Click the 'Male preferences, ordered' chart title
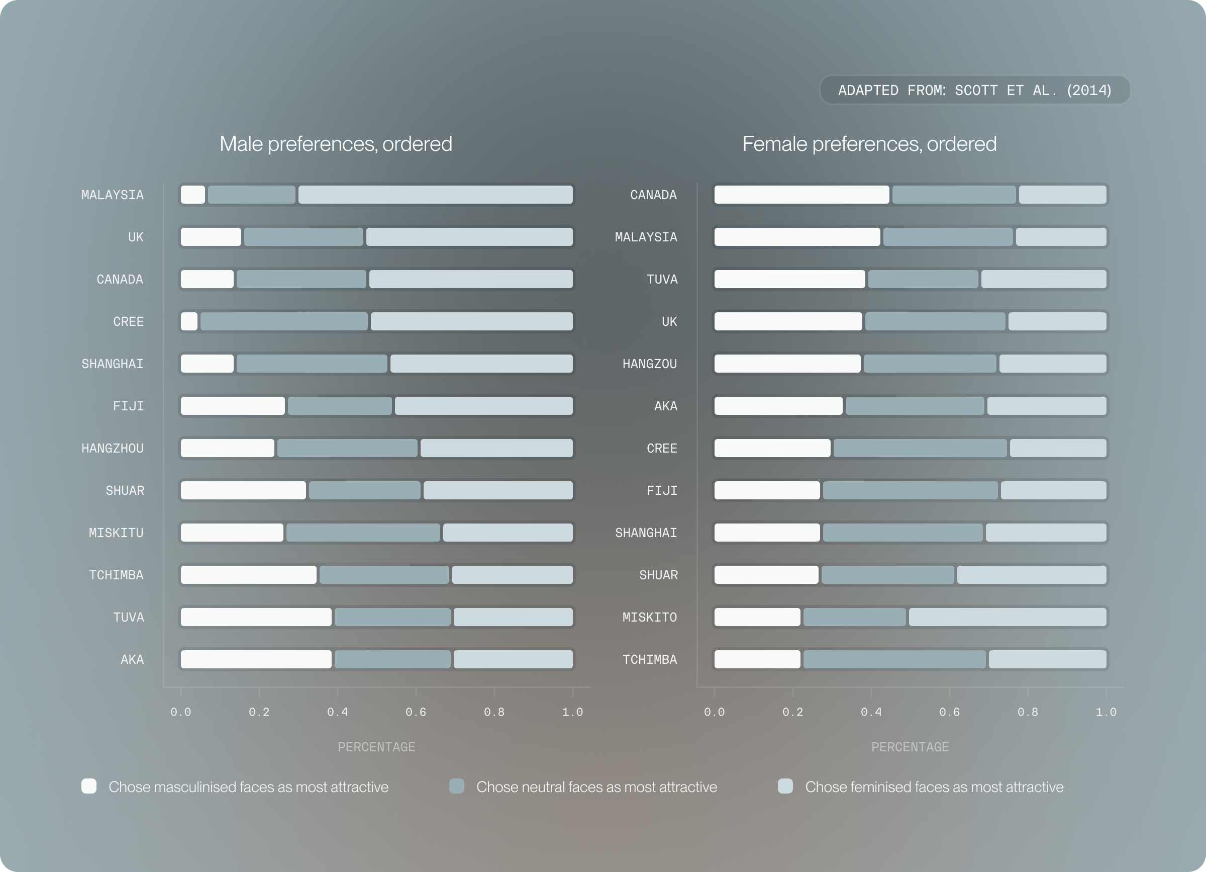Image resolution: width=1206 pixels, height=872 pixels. pyautogui.click(x=336, y=144)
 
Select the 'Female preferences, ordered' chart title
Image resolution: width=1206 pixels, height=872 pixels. pyautogui.click(x=869, y=144)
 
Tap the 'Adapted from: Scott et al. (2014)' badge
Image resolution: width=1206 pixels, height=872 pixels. pyautogui.click(x=974, y=91)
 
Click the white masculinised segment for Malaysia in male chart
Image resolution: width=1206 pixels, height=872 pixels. pyautogui.click(x=192, y=195)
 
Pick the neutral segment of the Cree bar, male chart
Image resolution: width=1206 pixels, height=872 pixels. pyautogui.click(x=284, y=321)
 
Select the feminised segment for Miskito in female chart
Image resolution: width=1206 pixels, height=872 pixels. pyautogui.click(x=1007, y=617)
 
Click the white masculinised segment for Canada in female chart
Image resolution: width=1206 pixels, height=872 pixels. pyautogui.click(x=801, y=195)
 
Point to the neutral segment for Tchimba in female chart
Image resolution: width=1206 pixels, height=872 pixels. pyautogui.click(x=894, y=660)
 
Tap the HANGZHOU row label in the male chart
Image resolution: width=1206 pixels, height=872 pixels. pyautogui.click(x=112, y=449)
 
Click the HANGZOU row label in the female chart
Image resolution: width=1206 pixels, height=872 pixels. pyautogui.click(x=649, y=364)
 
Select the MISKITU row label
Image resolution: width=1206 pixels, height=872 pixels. pyautogui.click(x=116, y=533)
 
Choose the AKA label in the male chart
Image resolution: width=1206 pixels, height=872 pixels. pyautogui.click(x=132, y=660)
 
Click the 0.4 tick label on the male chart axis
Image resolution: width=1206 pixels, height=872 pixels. pyautogui.click(x=337, y=713)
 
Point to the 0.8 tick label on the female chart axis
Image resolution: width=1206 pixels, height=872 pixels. pyautogui.click(x=1027, y=713)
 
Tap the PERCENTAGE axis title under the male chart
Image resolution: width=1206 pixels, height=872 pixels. pyautogui.click(x=376, y=747)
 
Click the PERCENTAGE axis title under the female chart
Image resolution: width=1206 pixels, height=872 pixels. pyautogui.click(x=910, y=747)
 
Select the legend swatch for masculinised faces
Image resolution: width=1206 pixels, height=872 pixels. pyautogui.click(x=89, y=787)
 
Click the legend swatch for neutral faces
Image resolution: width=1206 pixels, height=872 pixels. pyautogui.click(x=457, y=787)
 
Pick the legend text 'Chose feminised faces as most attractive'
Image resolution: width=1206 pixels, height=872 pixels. pyautogui.click(x=934, y=787)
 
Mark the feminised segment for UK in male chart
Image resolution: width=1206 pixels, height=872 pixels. pyautogui.click(x=469, y=237)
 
